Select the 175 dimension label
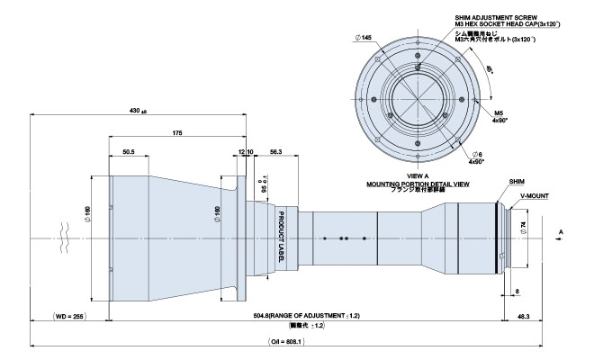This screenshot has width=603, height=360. point(176,133)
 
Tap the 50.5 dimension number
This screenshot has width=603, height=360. point(129,153)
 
